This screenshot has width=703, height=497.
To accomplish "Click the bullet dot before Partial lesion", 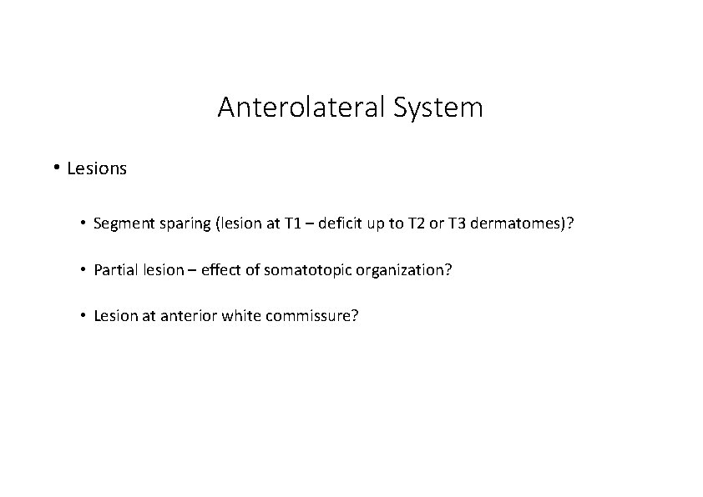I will [84, 270].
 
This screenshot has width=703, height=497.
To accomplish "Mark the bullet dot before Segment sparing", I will [84, 223].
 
